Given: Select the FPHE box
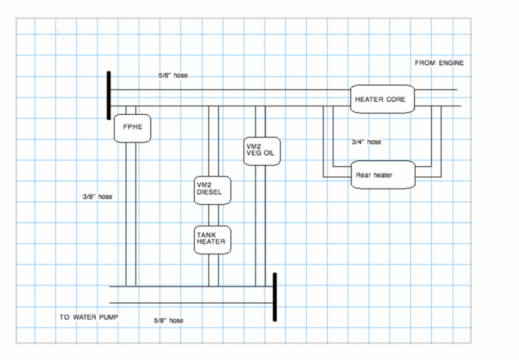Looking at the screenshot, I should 132,128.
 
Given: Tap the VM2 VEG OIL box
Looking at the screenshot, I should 262,152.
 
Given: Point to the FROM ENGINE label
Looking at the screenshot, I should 439,63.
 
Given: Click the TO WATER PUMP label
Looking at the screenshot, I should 89,317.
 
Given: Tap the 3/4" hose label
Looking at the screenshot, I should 367,142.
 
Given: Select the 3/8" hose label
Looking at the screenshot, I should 97,197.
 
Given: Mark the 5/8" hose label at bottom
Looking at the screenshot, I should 169,320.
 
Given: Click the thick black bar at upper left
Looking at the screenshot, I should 108,95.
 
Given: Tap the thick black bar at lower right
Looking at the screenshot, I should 275,297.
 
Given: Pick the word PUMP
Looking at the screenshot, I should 108,317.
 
